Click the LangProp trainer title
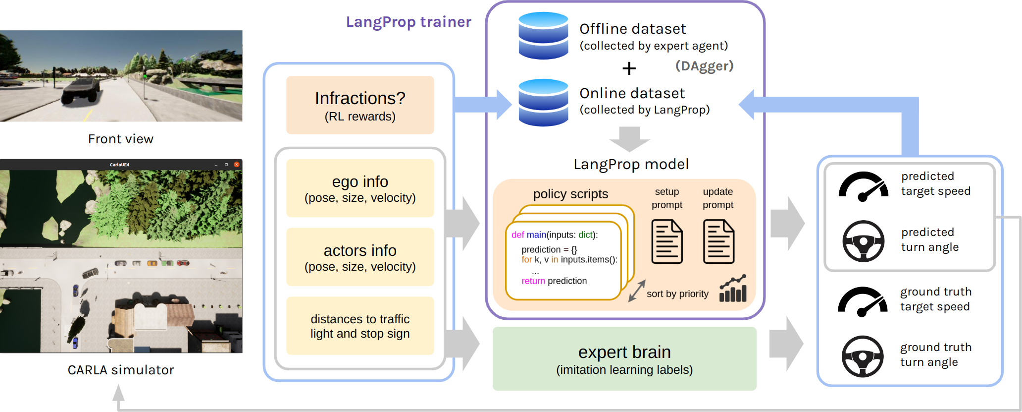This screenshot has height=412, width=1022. click(x=409, y=22)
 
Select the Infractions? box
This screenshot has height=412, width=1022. click(x=360, y=105)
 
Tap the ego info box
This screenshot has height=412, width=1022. click(x=360, y=188)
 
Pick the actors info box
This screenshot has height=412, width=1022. click(x=360, y=257)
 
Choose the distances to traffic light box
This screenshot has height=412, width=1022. click(x=360, y=326)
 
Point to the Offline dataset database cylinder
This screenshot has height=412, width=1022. click(x=543, y=36)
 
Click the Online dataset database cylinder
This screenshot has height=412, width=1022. click(x=543, y=103)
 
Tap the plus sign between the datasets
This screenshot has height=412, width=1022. click(x=629, y=68)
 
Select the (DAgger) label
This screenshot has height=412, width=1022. click(x=704, y=66)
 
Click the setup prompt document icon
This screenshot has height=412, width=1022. click(x=667, y=242)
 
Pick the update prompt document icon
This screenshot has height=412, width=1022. click(x=718, y=242)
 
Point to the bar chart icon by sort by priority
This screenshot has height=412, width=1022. click(x=733, y=289)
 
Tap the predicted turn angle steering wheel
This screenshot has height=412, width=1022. click(x=863, y=241)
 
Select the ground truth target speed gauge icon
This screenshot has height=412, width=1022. click(x=862, y=302)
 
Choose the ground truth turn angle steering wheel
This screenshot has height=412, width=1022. click(x=862, y=356)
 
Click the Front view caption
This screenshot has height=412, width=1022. click(x=121, y=139)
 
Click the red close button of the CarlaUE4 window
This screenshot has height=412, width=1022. click(x=237, y=165)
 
